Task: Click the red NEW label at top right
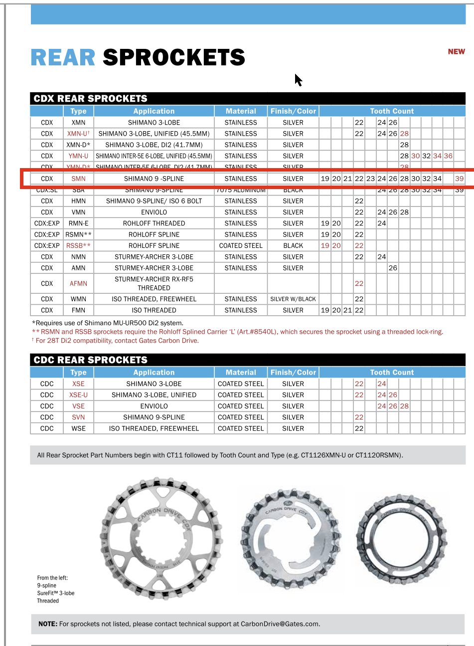click(x=456, y=51)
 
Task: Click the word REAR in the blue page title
click(x=63, y=58)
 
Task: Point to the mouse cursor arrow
click(x=298, y=79)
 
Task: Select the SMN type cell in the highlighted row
click(x=78, y=179)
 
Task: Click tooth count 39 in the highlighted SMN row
click(x=459, y=179)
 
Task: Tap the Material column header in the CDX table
click(x=241, y=111)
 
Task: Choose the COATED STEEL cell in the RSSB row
click(x=241, y=245)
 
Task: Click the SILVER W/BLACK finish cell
click(x=293, y=299)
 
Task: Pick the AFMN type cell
click(x=78, y=283)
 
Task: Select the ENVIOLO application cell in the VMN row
click(x=154, y=212)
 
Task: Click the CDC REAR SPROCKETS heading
click(x=91, y=360)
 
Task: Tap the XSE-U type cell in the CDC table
click(x=78, y=395)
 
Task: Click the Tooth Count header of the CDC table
click(x=392, y=372)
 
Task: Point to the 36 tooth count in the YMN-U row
click(x=448, y=156)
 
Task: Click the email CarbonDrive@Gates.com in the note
click(x=280, y=624)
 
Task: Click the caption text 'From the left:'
click(x=52, y=578)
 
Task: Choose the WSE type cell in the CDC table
click(x=78, y=429)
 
